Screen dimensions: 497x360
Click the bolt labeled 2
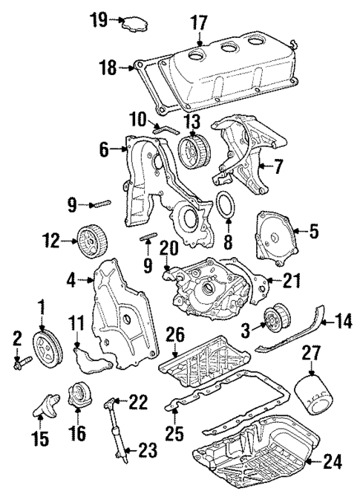(23, 363)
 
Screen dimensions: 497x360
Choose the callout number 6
(104, 149)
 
